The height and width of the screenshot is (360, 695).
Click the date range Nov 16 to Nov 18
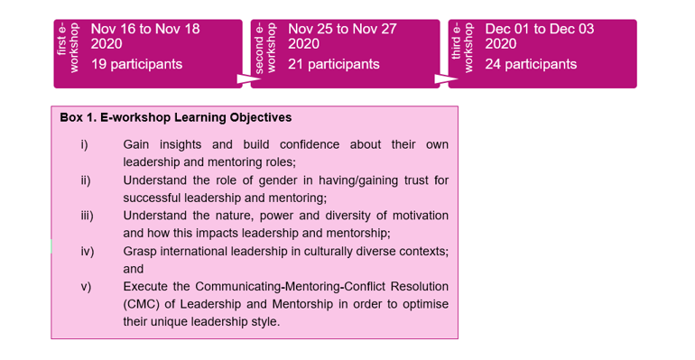(x=145, y=29)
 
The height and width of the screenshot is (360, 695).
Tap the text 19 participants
(x=136, y=64)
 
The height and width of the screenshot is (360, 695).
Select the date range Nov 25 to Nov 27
(x=342, y=29)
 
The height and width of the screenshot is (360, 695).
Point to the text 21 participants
(x=334, y=64)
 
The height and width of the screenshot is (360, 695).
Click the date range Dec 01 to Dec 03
(x=540, y=29)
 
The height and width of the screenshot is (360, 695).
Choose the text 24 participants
(x=531, y=64)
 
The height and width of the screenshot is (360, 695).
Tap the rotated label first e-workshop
(x=68, y=48)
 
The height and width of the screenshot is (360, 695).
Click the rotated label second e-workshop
(x=265, y=48)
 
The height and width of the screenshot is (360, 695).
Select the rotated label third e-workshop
(x=462, y=48)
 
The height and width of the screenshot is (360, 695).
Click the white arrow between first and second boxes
(x=248, y=78)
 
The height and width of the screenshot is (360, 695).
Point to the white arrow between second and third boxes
(x=446, y=78)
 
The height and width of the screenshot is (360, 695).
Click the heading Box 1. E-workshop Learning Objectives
(x=176, y=118)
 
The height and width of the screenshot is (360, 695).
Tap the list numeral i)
(x=84, y=144)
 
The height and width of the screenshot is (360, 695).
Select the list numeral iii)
(x=87, y=216)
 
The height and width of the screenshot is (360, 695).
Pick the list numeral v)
(x=86, y=287)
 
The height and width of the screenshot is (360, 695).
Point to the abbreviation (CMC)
(x=142, y=304)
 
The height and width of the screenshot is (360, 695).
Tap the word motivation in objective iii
(x=421, y=216)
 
